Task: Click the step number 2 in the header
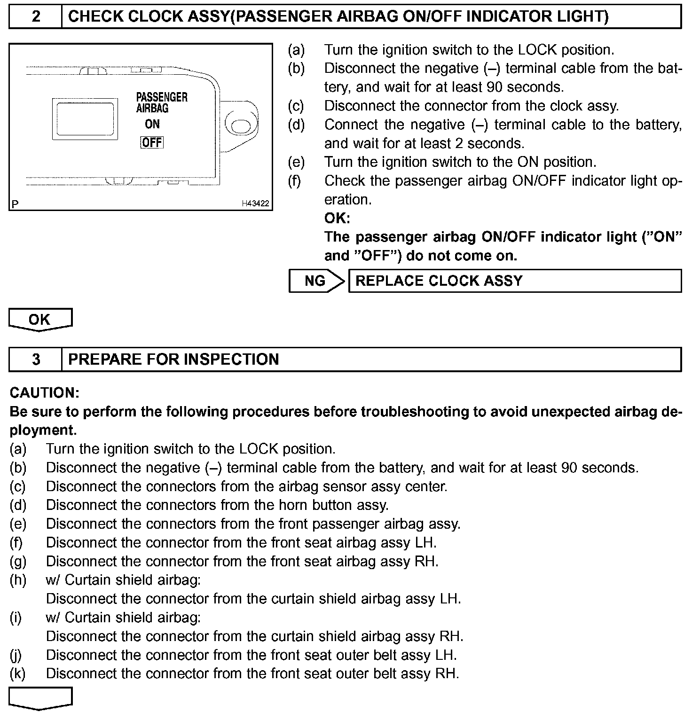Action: point(36,17)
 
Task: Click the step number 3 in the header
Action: point(36,360)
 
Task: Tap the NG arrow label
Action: point(315,281)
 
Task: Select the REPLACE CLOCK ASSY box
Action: point(514,281)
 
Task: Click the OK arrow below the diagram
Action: point(40,320)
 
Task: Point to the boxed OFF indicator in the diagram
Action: point(152,142)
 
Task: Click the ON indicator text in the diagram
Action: point(152,125)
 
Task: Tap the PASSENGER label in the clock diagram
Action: point(162,97)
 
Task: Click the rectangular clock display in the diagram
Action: point(85,119)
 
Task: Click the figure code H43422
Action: point(255,203)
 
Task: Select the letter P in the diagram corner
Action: point(16,204)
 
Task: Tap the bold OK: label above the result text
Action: point(337,219)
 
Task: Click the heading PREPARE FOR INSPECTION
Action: point(173,360)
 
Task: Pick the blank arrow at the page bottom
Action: point(40,697)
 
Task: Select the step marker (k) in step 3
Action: point(17,674)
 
